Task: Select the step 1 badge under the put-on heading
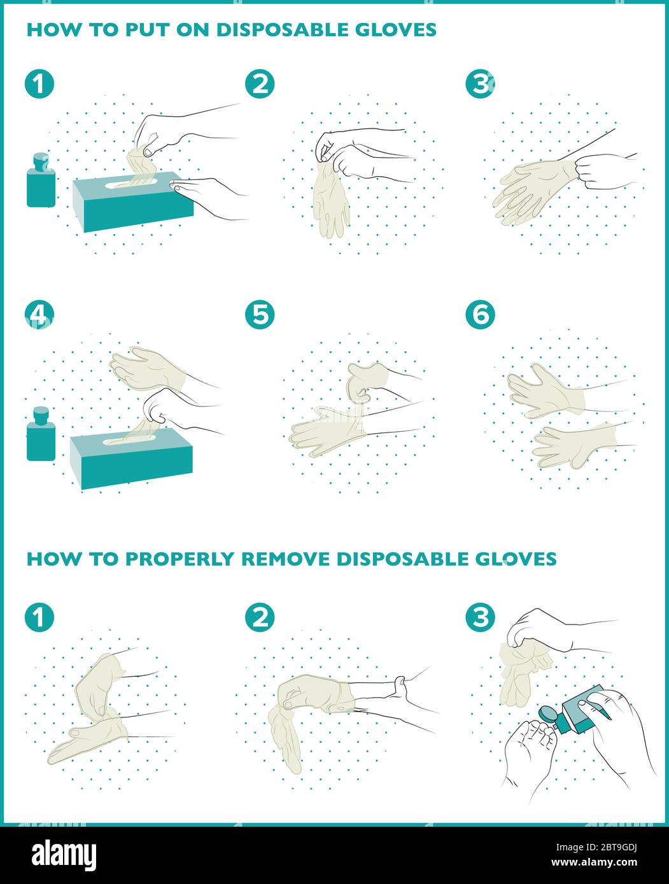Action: tap(39, 84)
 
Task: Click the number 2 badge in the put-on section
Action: tap(260, 84)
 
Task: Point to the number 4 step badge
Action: tap(39, 314)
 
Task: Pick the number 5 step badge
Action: tap(260, 314)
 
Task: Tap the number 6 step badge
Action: tap(481, 314)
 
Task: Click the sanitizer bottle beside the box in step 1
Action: tap(41, 180)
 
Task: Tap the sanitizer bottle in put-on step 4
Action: tap(41, 434)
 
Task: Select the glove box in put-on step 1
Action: tap(133, 202)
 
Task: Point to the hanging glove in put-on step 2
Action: tap(331, 199)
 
